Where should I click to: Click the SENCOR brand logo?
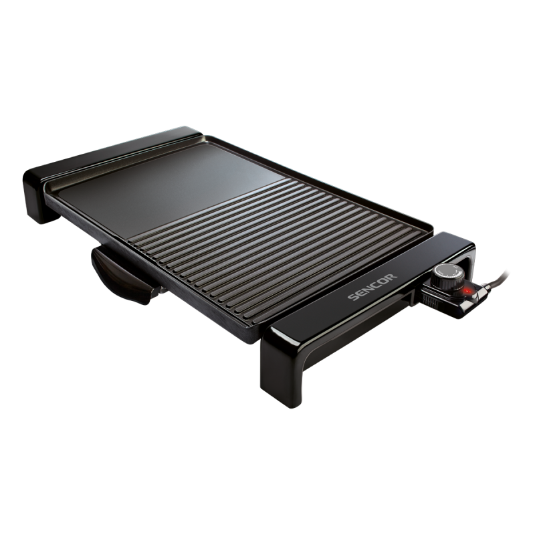[372, 288]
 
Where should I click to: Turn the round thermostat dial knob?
[447, 275]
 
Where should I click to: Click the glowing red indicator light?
[467, 291]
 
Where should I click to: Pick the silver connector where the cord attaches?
[482, 286]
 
